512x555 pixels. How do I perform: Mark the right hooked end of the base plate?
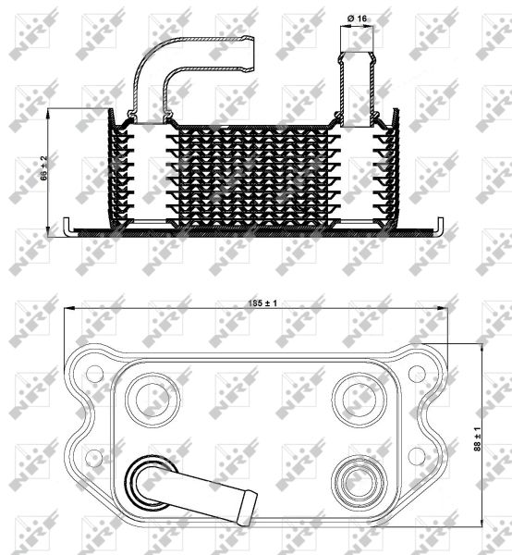[440, 225]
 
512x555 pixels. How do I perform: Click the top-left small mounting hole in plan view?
[93, 373]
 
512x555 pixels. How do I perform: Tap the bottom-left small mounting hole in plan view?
[93, 454]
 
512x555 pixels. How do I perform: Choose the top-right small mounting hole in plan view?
[417, 373]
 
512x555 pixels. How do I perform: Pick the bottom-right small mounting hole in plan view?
[417, 454]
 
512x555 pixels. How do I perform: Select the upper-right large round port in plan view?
[356, 397]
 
